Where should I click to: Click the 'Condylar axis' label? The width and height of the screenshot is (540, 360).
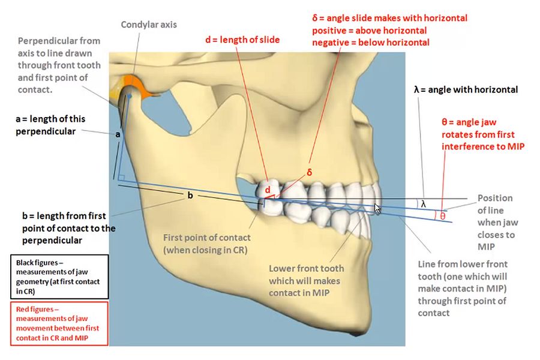point(149,25)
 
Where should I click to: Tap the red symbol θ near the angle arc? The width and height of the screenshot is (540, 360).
point(442,216)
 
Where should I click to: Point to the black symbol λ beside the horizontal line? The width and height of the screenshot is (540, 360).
point(423,204)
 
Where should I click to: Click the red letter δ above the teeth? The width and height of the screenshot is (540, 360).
point(310,173)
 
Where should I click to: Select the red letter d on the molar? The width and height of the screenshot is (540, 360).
point(268,190)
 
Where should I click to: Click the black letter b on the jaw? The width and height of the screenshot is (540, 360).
point(191,196)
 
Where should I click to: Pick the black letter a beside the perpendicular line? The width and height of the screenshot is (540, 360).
point(118,135)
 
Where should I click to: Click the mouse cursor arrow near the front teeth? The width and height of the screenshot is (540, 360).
point(377,208)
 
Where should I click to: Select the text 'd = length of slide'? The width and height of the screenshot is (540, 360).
point(242,40)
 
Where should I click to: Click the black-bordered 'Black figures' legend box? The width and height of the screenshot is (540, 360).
point(58,277)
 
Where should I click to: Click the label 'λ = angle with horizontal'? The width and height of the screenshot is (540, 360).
point(466,90)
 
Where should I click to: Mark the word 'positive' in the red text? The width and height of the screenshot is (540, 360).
point(331,30)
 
